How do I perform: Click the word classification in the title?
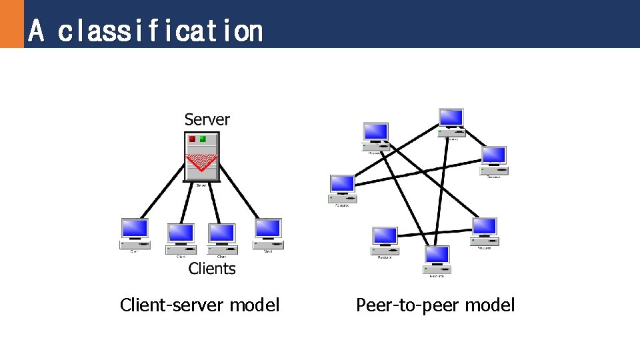tap(160, 31)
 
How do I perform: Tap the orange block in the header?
tap(11, 24)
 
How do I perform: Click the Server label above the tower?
tap(207, 120)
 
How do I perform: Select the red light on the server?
tap(193, 139)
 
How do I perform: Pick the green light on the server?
tap(203, 139)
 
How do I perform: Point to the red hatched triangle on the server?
tap(201, 161)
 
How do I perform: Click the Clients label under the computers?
tap(212, 269)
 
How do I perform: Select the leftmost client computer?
tap(135, 233)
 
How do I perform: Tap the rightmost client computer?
tap(268, 233)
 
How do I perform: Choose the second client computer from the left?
tap(181, 237)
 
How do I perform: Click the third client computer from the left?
tap(222, 237)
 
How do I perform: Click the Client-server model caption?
tap(199, 305)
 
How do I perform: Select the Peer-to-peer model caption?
tap(435, 305)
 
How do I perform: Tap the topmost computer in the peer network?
tap(451, 121)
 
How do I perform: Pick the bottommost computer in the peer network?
tap(437, 259)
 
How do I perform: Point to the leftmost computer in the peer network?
tap(343, 188)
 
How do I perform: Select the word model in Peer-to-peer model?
tap(490, 305)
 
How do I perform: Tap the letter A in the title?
tap(37, 31)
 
